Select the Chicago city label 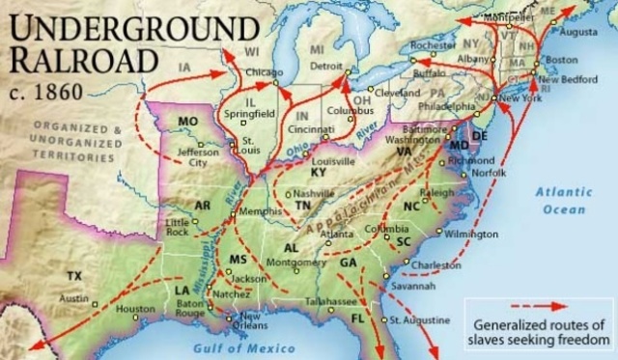pos(265,72)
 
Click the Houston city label pos(135,309)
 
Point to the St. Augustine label pos(420,319)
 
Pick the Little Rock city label pos(176,227)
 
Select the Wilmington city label pos(472,234)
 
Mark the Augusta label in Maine pos(579,32)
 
